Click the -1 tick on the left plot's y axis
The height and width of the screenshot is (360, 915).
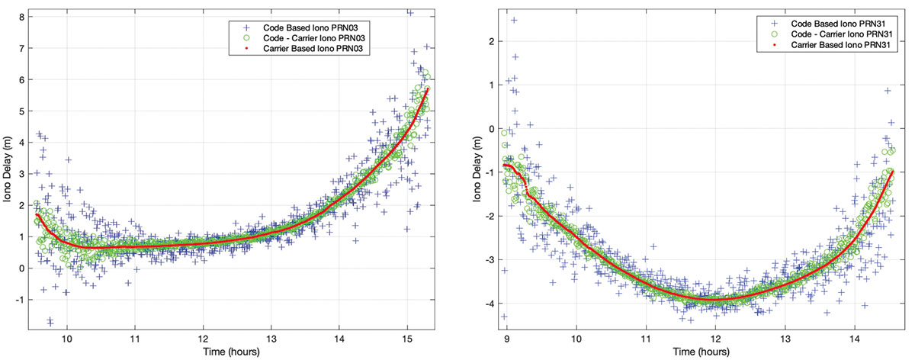[x=21, y=300]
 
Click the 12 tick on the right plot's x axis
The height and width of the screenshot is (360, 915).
[x=716, y=339]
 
